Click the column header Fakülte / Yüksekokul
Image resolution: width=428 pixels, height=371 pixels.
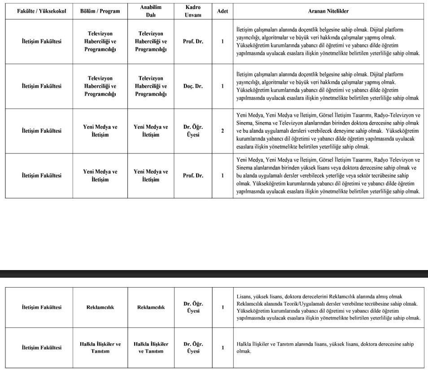(41, 11)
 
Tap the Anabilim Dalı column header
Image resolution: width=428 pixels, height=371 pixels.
(151, 11)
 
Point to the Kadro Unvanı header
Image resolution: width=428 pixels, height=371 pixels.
(193, 11)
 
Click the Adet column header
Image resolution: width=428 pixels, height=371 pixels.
(222, 11)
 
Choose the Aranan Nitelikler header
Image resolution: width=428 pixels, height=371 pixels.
(328, 11)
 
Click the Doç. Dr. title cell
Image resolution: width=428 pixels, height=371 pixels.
(193, 86)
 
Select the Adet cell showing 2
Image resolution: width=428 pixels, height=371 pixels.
(222, 131)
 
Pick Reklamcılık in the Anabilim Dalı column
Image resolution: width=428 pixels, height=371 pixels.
(151, 307)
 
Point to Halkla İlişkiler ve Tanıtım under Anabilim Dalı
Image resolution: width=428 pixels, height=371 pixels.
(151, 348)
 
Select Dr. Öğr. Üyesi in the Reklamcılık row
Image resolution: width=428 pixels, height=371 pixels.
(193, 307)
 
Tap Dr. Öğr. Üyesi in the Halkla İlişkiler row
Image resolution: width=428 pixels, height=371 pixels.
(193, 348)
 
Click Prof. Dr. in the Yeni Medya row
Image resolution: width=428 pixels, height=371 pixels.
(193, 176)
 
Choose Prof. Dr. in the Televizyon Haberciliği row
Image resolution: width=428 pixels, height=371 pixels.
(193, 42)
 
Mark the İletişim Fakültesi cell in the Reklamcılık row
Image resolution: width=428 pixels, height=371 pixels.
(41, 307)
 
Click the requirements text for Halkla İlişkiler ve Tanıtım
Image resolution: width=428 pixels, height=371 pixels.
(325, 348)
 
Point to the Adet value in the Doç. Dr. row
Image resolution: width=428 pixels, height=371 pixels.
(222, 86)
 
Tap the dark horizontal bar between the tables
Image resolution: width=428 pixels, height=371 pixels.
(214, 274)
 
